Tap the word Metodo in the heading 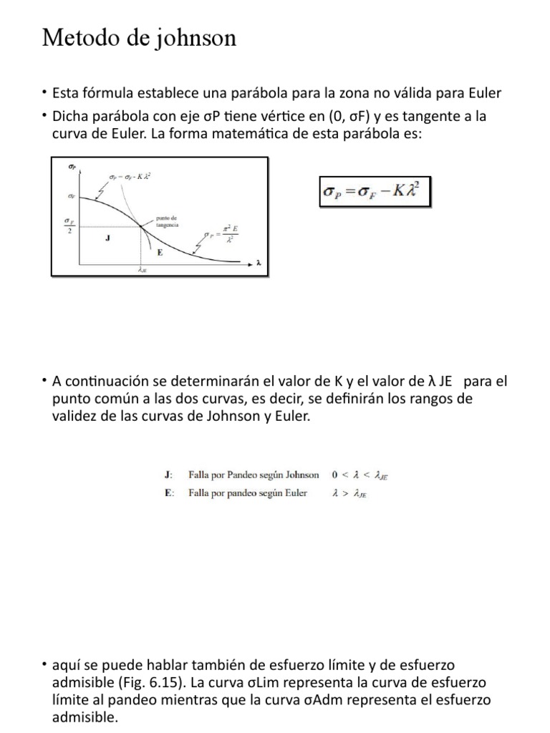75,38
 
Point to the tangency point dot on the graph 142,228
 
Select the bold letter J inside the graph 107,239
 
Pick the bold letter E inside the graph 160,252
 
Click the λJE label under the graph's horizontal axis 142,271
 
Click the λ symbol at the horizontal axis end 259,263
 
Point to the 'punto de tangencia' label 166,220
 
